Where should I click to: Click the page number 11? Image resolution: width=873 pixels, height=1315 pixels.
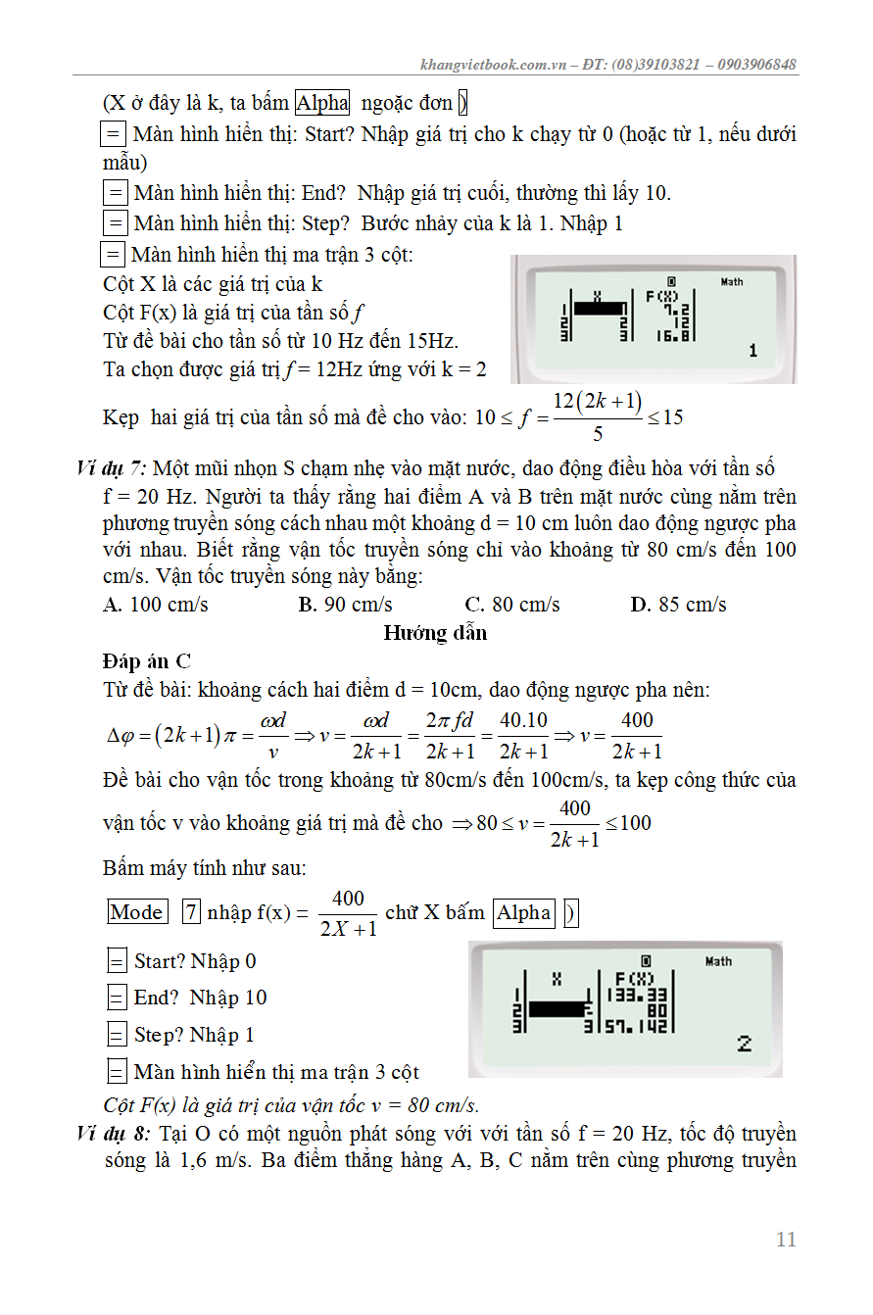[x=786, y=1240]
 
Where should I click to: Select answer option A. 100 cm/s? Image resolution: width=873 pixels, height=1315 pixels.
[x=156, y=605]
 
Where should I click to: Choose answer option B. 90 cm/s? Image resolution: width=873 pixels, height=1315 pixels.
[x=345, y=605]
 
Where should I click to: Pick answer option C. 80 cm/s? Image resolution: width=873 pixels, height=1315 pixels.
[x=512, y=605]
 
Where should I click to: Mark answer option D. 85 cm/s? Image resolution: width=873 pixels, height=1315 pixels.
[x=678, y=605]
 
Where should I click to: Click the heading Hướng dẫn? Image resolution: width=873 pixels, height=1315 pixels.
[x=435, y=633]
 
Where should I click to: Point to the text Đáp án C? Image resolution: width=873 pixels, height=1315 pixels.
[x=147, y=661]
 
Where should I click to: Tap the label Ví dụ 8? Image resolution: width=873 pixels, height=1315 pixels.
[x=113, y=1134]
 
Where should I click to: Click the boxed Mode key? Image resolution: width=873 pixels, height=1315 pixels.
[x=137, y=912]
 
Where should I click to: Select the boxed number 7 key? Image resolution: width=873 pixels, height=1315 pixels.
[x=192, y=912]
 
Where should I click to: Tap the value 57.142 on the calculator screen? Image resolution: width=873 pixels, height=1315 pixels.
[x=636, y=1027]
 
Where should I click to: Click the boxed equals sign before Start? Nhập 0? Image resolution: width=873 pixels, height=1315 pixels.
[x=117, y=961]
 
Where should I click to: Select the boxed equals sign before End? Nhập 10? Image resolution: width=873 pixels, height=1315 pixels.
[x=117, y=998]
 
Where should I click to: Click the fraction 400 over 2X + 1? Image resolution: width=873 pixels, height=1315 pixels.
[x=348, y=913]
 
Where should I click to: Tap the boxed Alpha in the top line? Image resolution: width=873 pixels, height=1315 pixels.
[x=322, y=103]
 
